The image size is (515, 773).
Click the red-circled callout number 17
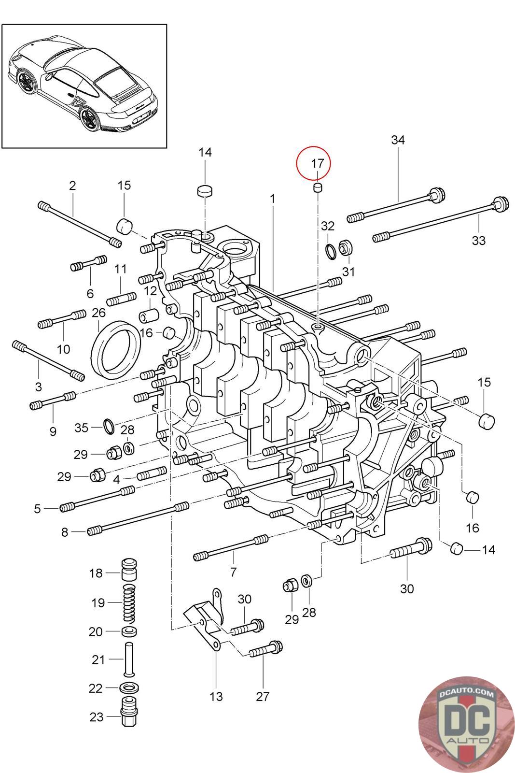point(317,163)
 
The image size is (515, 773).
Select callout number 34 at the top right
point(398,140)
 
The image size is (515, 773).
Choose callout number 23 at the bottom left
point(97,716)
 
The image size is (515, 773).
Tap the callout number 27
point(263,696)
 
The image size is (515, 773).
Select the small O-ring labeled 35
point(110,426)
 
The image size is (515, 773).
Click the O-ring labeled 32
point(332,251)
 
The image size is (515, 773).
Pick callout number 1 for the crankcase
point(273,199)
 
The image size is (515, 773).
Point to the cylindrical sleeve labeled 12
point(149,315)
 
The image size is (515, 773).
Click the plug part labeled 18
point(129,569)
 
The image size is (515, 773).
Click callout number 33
point(478,240)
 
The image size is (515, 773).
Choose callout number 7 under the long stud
point(233,572)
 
